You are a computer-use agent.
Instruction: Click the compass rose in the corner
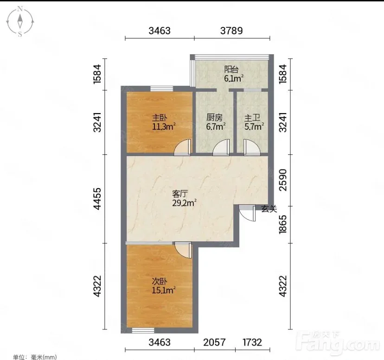(x=20, y=22)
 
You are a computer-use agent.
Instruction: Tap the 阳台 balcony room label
(x=231, y=69)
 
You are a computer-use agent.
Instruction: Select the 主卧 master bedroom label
(x=160, y=118)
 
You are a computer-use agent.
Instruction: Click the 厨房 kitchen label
(x=215, y=118)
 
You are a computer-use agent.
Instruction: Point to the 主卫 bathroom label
(x=252, y=118)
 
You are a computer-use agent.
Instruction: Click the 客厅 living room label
(x=180, y=194)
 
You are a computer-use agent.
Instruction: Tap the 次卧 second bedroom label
(x=160, y=281)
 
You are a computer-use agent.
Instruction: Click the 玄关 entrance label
(x=269, y=209)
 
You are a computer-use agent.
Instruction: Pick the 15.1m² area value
(x=164, y=290)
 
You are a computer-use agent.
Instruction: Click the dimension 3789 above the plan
(x=231, y=31)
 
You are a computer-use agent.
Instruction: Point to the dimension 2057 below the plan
(x=214, y=342)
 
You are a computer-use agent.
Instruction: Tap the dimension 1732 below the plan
(x=252, y=342)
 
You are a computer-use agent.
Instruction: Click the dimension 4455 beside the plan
(x=97, y=198)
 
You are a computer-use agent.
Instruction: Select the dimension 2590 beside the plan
(x=283, y=180)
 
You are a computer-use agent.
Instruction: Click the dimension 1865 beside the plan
(x=283, y=224)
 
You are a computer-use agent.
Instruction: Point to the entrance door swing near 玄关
(x=247, y=214)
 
